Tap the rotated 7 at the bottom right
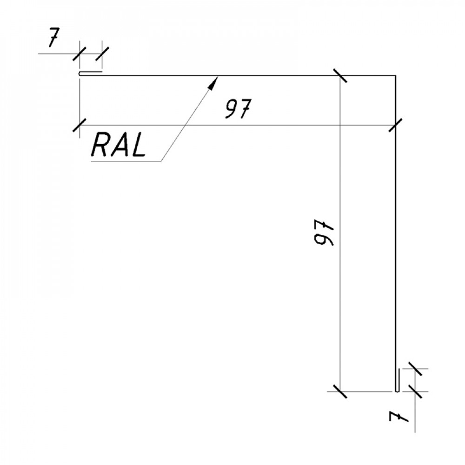click(399, 416)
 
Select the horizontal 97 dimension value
click(238, 108)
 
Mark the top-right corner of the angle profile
click(396, 76)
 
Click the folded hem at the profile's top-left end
click(91, 73)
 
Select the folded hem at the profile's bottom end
click(397, 380)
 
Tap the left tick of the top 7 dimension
click(80, 53)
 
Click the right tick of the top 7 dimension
click(102, 53)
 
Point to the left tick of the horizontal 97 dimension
click(80, 125)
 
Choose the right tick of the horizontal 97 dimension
click(396, 125)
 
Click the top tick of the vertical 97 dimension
click(340, 76)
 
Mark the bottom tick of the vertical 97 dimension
click(340, 392)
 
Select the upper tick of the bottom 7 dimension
click(415, 369)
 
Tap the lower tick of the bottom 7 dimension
click(415, 392)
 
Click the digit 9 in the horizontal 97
click(231, 108)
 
